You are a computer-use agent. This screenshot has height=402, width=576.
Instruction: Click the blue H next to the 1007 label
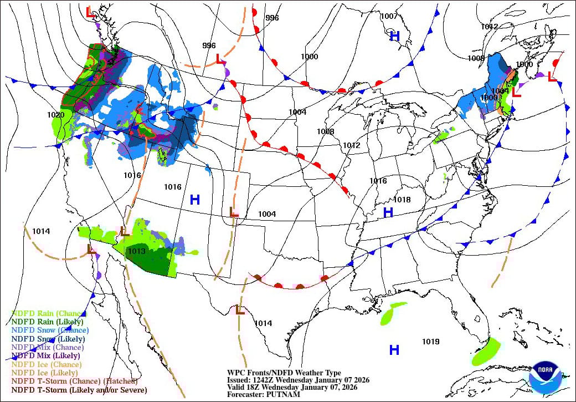[x=394, y=37]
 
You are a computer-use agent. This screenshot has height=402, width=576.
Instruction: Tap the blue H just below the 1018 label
[x=388, y=212]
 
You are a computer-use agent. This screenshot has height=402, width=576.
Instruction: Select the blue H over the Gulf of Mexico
[x=394, y=349]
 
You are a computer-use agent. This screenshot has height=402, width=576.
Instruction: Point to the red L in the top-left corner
[x=90, y=11]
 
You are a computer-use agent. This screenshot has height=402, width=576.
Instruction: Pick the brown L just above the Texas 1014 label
[x=240, y=309]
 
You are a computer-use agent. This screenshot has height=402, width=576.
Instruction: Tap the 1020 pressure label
[x=56, y=115]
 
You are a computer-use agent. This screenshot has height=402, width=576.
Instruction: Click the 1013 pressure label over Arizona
[x=136, y=251]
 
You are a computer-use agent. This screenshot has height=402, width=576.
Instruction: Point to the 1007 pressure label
[x=389, y=16]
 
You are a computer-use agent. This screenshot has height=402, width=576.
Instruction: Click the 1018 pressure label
[x=402, y=200]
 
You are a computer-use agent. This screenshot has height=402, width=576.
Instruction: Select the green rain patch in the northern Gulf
[x=393, y=314]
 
